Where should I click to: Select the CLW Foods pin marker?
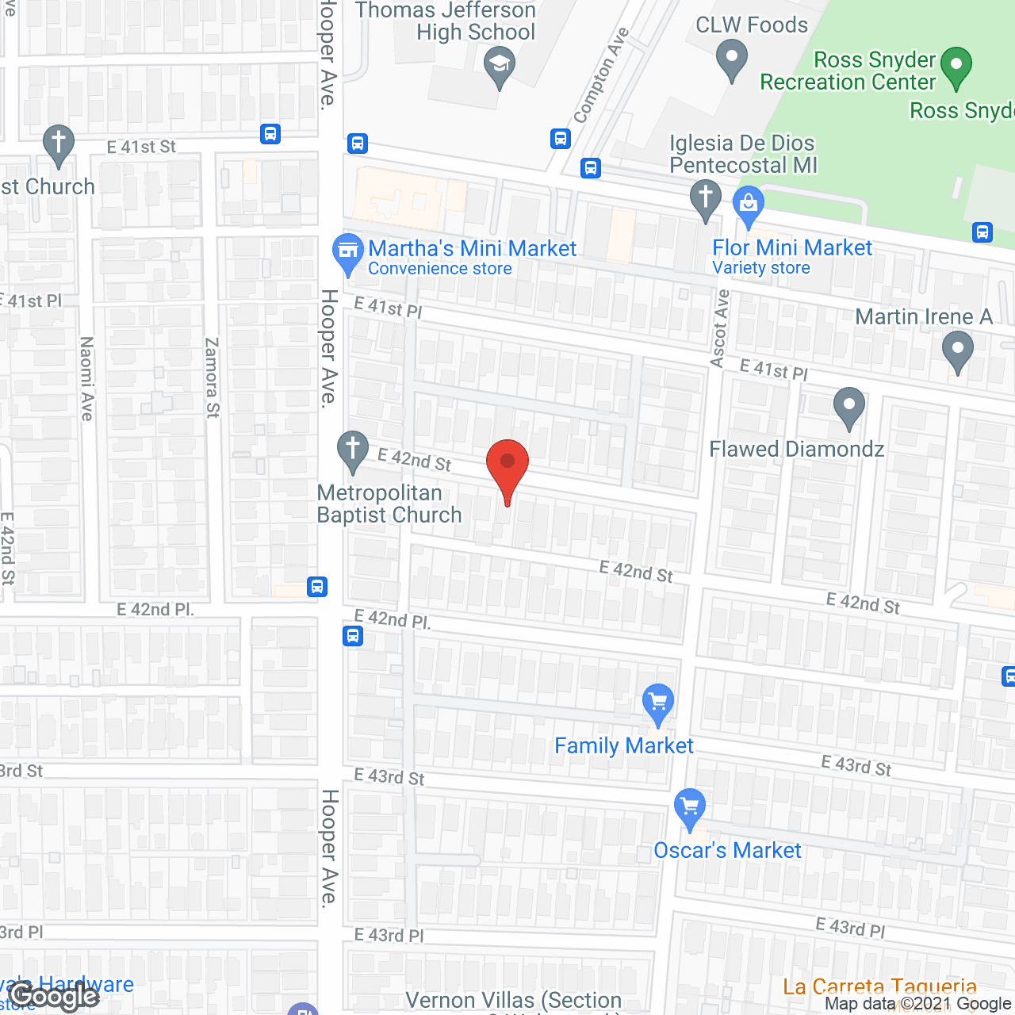(731, 59)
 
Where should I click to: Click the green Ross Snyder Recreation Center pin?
(956, 65)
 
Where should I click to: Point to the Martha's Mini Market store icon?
(347, 251)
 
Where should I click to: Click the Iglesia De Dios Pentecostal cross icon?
(705, 197)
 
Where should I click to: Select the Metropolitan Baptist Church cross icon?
(353, 449)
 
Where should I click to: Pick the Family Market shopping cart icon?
(657, 702)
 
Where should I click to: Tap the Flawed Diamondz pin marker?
(848, 405)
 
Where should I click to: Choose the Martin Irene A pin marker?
(957, 350)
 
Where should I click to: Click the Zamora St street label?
(212, 377)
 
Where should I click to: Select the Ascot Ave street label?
(719, 329)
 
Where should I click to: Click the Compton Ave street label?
(601, 76)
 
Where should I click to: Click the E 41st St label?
(141, 147)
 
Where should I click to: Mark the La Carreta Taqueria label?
(879, 987)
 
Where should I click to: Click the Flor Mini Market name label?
(791, 248)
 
